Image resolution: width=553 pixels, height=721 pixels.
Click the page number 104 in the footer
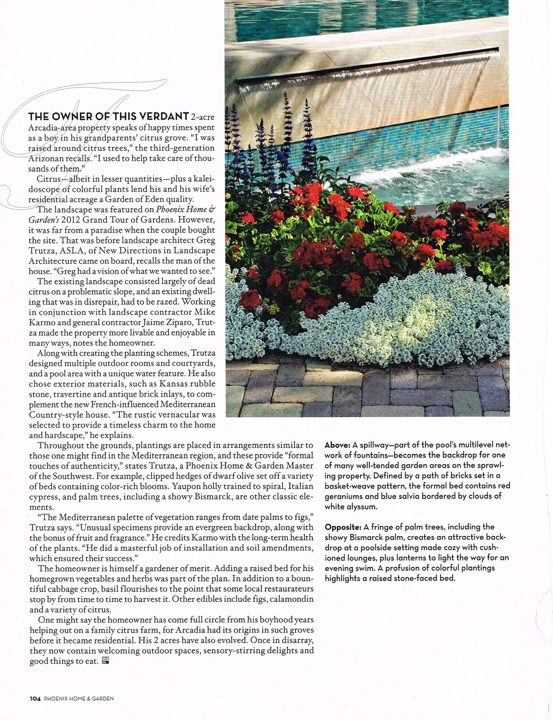point(35,698)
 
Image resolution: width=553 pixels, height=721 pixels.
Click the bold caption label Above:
point(337,445)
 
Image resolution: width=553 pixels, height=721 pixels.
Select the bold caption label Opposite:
point(343,527)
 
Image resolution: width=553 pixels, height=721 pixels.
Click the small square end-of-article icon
point(105,661)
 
